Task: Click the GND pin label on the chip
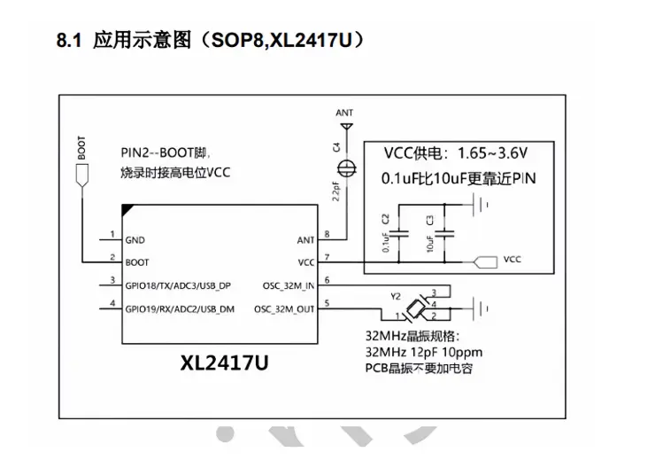click(135, 240)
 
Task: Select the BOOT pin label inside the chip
click(138, 262)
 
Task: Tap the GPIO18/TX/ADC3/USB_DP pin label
click(179, 285)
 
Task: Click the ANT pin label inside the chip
click(304, 240)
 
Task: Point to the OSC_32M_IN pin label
click(289, 285)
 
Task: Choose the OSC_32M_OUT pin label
click(285, 308)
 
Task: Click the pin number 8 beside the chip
click(328, 234)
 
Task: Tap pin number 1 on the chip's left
click(112, 234)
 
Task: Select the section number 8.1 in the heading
click(69, 41)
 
